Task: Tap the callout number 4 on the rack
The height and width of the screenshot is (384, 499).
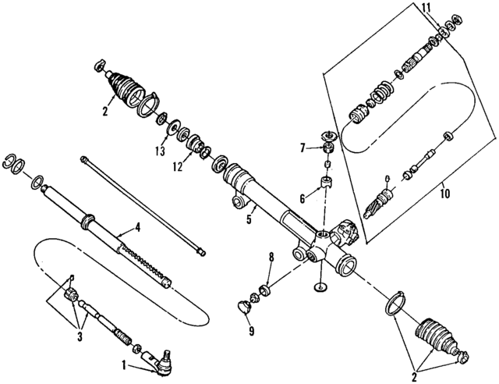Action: [x=137, y=228]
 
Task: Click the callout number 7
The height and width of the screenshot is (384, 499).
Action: [x=303, y=148]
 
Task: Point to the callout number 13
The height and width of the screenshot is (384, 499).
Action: [x=160, y=151]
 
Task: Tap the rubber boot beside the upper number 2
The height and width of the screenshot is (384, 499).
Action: [x=124, y=87]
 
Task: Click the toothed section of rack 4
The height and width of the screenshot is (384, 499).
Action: [x=144, y=261]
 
